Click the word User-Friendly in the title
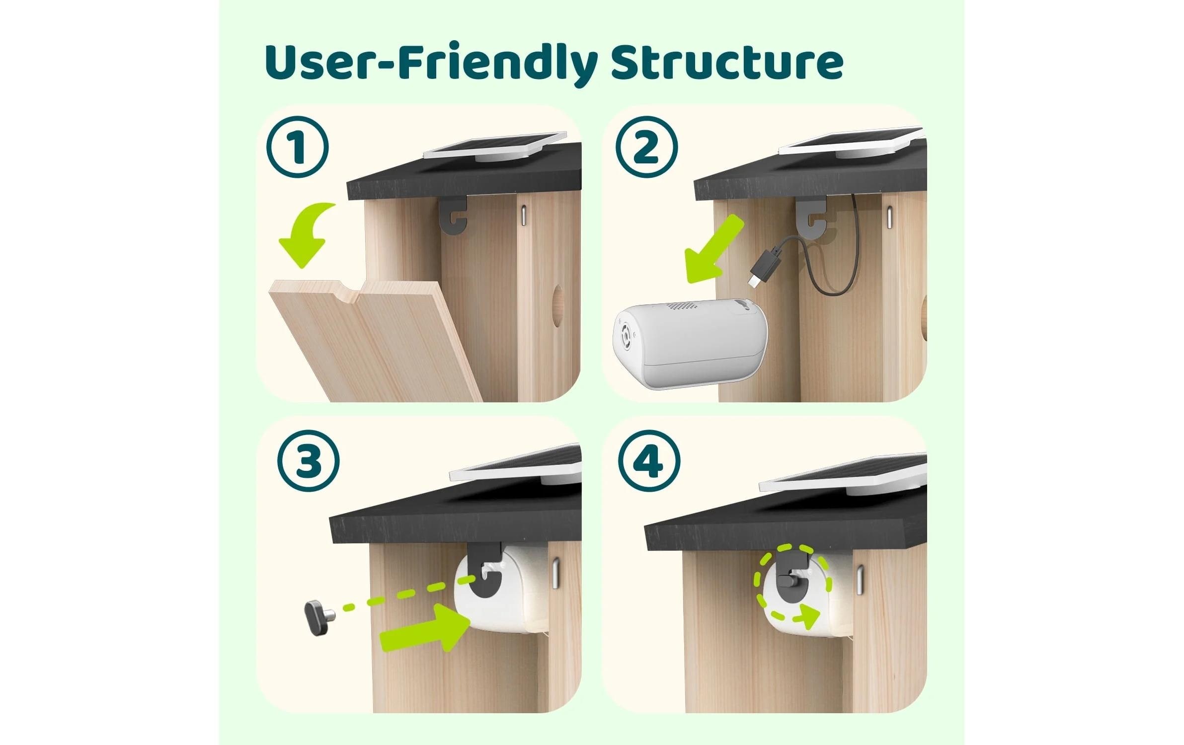click(x=430, y=62)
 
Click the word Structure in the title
click(x=726, y=62)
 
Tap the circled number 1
click(x=297, y=148)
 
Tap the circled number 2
click(x=646, y=148)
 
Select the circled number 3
click(x=309, y=460)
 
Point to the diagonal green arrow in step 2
click(x=713, y=251)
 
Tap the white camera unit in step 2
click(x=691, y=343)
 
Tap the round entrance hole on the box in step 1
click(x=558, y=305)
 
